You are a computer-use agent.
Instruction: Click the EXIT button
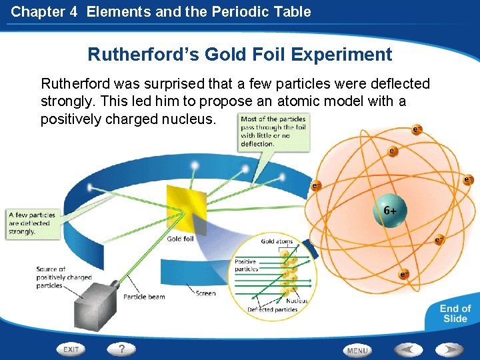[71, 349]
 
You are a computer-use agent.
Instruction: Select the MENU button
[357, 349]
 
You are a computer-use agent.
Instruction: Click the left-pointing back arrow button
[407, 349]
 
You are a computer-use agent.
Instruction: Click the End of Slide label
[455, 313]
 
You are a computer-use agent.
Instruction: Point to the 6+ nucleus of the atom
[390, 210]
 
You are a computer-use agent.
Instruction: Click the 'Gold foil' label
[180, 239]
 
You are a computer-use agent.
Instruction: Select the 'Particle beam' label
[144, 297]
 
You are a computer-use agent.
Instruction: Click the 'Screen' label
[205, 293]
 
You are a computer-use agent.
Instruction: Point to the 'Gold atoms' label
[277, 241]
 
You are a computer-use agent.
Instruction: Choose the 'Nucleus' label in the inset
[297, 301]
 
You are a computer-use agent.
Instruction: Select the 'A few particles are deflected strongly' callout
[31, 223]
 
